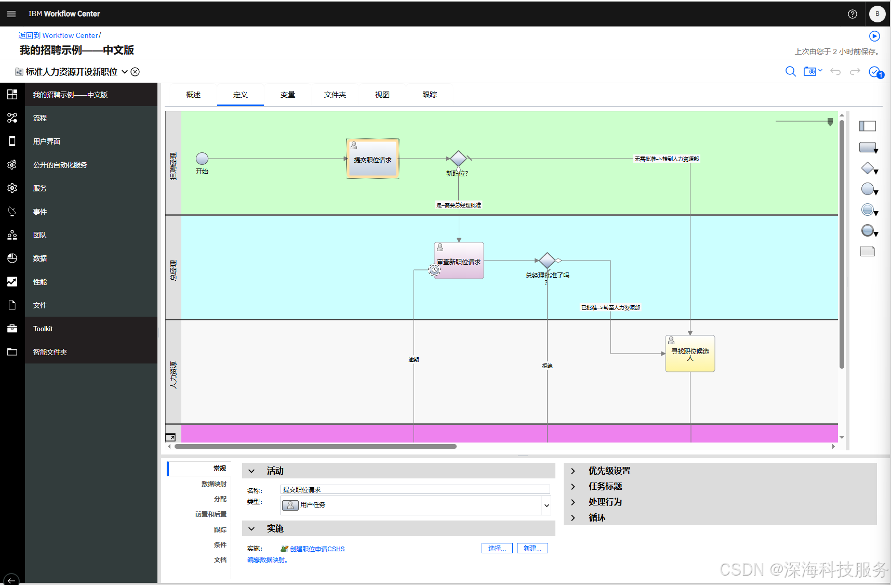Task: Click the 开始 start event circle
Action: [202, 159]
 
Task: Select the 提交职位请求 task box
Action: [373, 159]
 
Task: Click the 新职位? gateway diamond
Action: [458, 159]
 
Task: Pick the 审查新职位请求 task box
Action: [459, 261]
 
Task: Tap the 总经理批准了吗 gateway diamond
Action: [547, 261]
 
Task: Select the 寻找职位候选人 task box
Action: [690, 354]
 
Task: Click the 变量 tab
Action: [288, 95]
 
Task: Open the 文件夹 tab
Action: [335, 95]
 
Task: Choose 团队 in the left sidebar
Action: [40, 235]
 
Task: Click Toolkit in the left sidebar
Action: [43, 329]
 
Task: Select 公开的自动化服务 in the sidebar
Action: [60, 165]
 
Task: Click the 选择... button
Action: [497, 548]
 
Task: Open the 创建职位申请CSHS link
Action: [317, 549]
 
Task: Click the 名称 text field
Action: [415, 489]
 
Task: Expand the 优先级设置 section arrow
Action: [573, 471]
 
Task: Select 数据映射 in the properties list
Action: [214, 484]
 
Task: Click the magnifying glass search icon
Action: [790, 71]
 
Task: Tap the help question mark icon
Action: [853, 14]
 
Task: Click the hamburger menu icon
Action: [11, 14]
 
